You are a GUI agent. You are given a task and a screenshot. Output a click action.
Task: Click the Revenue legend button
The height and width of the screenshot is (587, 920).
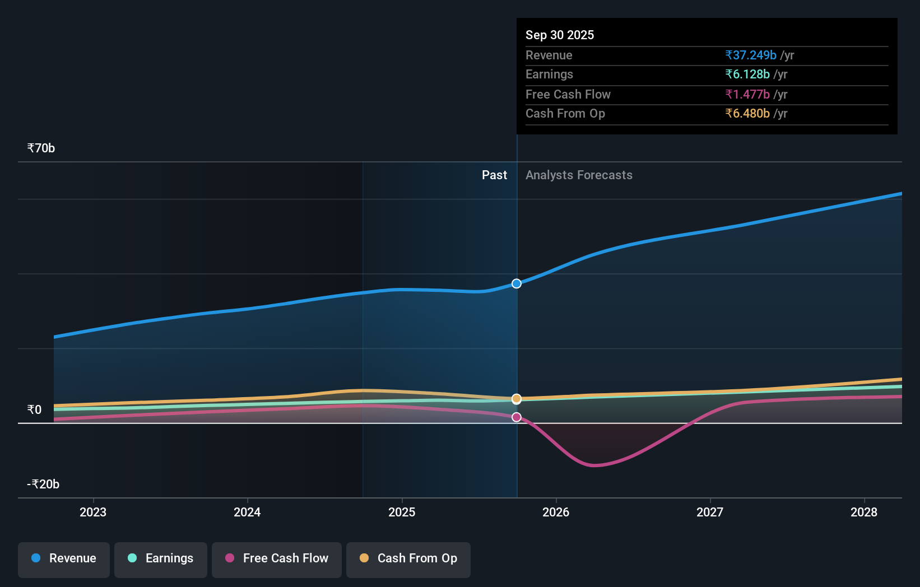point(64,558)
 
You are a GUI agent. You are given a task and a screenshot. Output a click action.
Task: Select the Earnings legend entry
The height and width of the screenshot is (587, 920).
point(161,558)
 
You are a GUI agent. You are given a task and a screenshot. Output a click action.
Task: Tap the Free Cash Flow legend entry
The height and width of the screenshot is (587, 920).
point(277,558)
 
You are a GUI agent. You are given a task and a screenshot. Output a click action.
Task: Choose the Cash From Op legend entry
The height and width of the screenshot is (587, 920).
point(408,558)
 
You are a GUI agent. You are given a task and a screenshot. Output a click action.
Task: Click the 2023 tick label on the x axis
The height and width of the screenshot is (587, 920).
point(93,512)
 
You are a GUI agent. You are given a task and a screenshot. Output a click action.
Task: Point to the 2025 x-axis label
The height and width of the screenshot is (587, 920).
point(402,512)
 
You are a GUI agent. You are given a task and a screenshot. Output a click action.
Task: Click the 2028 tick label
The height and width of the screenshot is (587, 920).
point(863,512)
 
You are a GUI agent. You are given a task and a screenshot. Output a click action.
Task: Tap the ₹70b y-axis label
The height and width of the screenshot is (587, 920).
point(41,148)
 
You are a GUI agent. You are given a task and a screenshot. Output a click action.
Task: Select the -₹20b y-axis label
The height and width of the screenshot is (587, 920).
point(43,484)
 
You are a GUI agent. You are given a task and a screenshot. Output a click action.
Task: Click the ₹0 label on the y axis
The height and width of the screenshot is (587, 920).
point(34,410)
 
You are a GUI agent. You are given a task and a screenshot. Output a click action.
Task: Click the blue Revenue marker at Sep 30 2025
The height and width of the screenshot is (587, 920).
point(517,283)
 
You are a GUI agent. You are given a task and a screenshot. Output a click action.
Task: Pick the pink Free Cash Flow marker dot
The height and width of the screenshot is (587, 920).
point(517,417)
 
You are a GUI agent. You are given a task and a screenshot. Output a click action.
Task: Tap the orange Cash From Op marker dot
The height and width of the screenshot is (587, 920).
point(517,399)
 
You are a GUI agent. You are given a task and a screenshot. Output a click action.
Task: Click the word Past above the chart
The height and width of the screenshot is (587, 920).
point(494,175)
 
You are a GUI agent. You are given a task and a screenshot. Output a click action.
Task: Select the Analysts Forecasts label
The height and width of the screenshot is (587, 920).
point(579,175)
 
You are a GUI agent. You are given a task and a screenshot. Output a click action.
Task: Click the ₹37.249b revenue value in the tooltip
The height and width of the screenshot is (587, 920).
point(751,55)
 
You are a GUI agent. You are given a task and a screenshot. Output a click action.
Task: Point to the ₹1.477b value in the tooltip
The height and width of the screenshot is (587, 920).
point(747,95)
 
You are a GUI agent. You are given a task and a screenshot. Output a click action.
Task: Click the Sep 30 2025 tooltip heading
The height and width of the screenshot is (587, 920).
point(560,35)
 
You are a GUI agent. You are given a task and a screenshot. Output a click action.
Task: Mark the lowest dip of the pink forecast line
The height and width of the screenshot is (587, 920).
point(594,465)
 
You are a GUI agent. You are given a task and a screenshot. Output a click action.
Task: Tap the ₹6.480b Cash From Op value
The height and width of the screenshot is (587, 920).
point(747,114)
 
